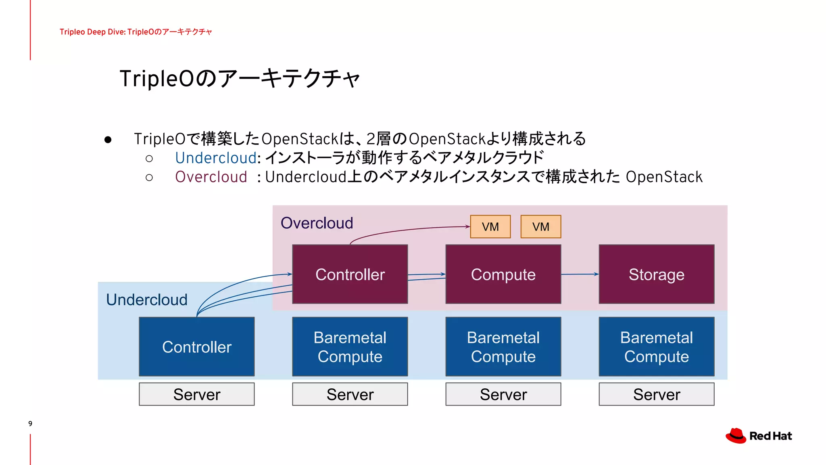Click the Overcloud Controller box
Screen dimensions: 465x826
[x=350, y=274]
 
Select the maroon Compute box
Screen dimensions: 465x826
[x=503, y=274]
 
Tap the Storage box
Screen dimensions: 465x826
[x=656, y=274]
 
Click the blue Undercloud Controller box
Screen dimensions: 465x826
[x=196, y=347]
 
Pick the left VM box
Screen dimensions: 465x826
[x=490, y=226]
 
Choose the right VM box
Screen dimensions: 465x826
[x=540, y=226]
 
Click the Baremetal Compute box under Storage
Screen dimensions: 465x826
[x=656, y=347]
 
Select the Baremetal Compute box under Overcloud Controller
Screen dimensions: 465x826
[x=350, y=347]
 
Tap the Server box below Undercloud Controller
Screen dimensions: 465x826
[x=196, y=394]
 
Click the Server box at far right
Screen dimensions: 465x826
[x=656, y=394]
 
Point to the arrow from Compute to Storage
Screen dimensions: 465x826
[x=580, y=274]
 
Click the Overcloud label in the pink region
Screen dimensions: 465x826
[x=317, y=223]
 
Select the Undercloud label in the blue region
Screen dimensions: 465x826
[x=147, y=300]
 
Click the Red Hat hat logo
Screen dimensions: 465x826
[x=736, y=436]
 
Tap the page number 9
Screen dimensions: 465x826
[x=30, y=423]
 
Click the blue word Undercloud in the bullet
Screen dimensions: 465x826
[x=216, y=158]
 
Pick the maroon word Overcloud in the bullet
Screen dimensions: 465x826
[x=211, y=177]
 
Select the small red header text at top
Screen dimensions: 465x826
[x=136, y=32]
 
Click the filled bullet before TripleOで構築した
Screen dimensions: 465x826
[x=108, y=140]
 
